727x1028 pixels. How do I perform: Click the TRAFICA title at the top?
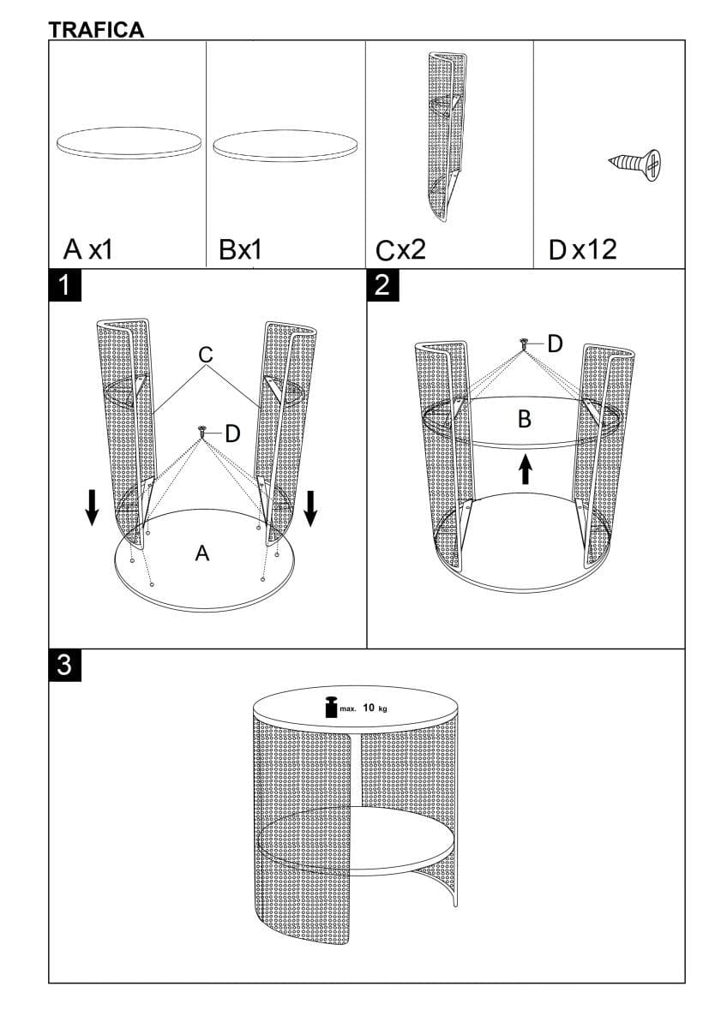96,30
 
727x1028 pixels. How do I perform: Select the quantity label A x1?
87,249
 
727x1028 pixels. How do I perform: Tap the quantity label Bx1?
240,249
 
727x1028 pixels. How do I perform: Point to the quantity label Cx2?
400,250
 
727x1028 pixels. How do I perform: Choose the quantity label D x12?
582,249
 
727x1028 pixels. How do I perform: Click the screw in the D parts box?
635,164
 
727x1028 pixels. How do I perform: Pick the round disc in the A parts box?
129,142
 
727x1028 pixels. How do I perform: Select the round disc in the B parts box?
285,146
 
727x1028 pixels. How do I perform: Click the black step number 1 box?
65,285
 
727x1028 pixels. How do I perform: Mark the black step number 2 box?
383,285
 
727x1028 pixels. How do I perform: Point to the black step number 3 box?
65,665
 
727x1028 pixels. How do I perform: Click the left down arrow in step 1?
93,507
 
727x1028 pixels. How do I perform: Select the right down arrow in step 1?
311,509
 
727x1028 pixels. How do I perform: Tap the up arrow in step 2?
526,471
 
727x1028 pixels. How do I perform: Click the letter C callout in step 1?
205,355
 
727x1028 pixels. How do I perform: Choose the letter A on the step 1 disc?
202,553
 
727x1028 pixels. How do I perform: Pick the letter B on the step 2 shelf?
525,419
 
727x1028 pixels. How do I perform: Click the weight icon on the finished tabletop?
331,707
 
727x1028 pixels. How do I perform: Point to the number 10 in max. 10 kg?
369,708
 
